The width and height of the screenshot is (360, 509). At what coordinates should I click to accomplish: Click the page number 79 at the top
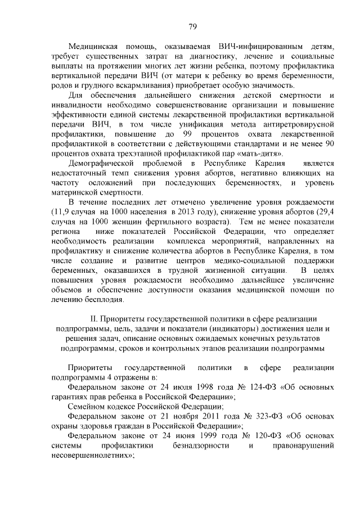click(192, 26)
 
